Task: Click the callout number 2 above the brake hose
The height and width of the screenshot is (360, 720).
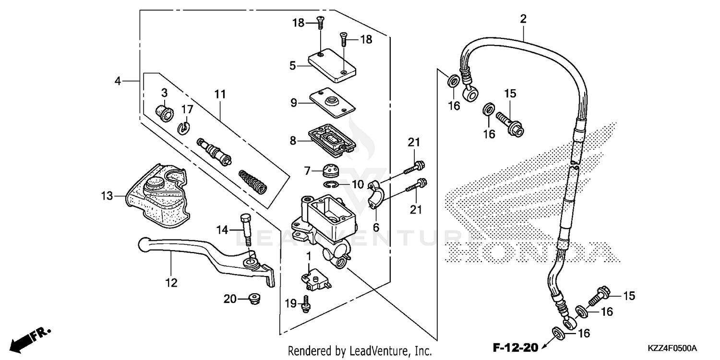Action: coord(523,19)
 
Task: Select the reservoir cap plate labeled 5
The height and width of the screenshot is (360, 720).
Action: coord(333,65)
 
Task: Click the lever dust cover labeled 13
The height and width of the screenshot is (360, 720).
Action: coord(156,194)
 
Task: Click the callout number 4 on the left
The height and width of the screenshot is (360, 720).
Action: coord(118,81)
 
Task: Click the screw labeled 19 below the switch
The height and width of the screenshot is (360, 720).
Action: coord(305,304)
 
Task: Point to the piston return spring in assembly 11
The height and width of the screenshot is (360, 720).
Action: coord(253,181)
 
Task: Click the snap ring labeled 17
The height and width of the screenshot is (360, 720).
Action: coord(184,127)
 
